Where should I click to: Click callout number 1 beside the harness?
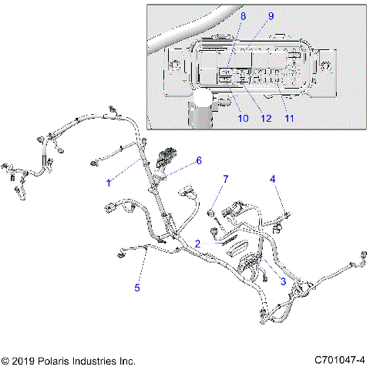tap(109, 183)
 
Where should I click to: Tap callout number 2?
tap(198, 243)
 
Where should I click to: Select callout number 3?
tap(283, 281)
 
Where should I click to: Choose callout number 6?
tap(198, 160)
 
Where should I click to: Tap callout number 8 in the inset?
tap(244, 15)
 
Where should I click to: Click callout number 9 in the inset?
tap(271, 15)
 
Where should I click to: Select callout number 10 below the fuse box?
tap(242, 118)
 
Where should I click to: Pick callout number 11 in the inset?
tap(289, 118)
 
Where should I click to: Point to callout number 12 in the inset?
tap(267, 118)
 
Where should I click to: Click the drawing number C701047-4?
tap(339, 360)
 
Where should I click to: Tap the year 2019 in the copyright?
tap(25, 360)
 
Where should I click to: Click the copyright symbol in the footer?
tap(6, 360)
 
